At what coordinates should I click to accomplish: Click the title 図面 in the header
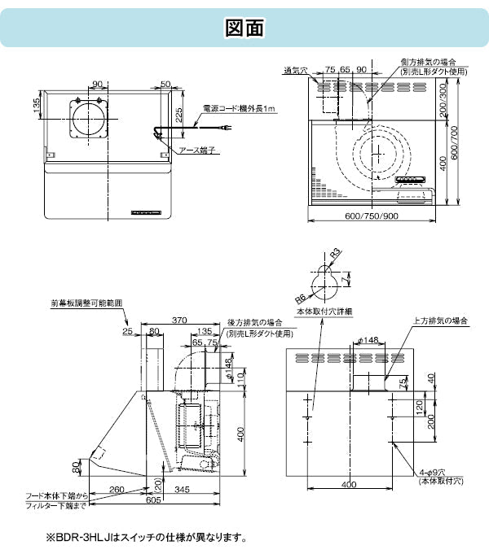(x=244, y=28)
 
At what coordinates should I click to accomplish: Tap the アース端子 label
(x=196, y=150)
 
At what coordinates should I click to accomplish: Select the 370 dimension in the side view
(x=181, y=320)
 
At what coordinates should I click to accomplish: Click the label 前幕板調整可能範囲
(x=86, y=303)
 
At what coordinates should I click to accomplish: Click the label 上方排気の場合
(x=441, y=322)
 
